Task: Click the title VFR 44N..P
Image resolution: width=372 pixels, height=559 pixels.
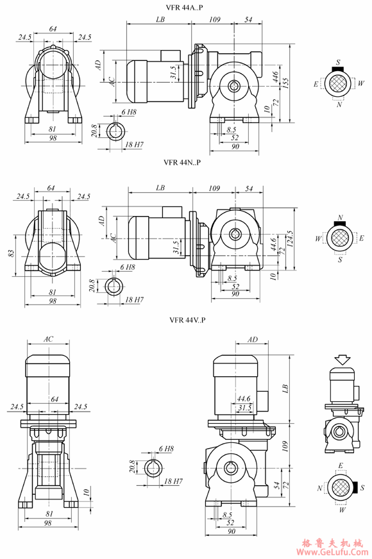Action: [182, 162]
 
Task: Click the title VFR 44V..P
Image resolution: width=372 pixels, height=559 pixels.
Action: [187, 320]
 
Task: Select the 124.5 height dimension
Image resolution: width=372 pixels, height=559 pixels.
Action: [289, 239]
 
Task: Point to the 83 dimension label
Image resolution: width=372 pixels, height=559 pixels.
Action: [11, 253]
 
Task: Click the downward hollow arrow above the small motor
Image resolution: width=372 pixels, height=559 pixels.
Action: [342, 360]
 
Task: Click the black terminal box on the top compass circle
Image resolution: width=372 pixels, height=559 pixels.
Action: [337, 69]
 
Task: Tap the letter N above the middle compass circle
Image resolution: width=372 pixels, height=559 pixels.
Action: [341, 217]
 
